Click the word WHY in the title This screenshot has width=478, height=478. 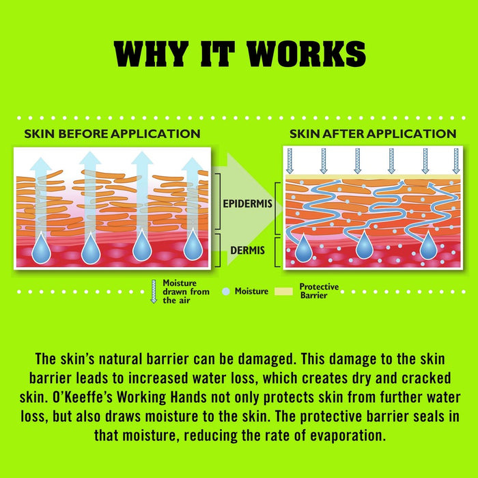(x=151, y=54)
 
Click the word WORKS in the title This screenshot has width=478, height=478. (x=306, y=54)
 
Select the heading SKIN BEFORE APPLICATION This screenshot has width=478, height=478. (x=112, y=134)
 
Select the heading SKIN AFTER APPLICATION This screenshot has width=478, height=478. (x=373, y=134)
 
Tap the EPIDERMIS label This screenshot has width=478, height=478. (x=247, y=203)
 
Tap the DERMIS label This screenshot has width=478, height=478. (x=247, y=251)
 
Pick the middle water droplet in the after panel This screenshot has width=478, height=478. (x=364, y=244)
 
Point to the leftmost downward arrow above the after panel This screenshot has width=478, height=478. (x=290, y=161)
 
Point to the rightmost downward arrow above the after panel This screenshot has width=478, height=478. (x=456, y=161)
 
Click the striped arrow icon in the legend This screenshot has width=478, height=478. (x=154, y=292)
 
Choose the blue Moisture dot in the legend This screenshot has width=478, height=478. (x=226, y=292)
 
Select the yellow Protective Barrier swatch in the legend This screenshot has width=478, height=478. (x=283, y=292)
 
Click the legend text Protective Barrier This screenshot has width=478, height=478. (x=319, y=291)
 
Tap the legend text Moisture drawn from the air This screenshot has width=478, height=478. (x=186, y=292)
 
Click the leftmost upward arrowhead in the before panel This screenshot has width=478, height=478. (x=41, y=163)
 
